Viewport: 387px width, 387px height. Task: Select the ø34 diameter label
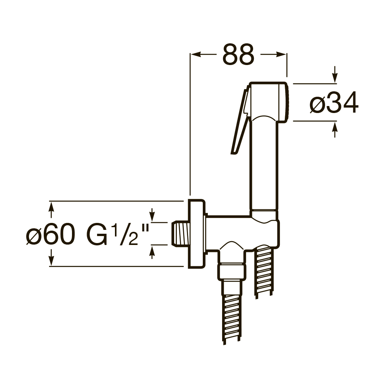click(x=334, y=104)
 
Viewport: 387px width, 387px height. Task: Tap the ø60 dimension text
click(x=49, y=235)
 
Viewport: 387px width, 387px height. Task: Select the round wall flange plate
click(x=196, y=234)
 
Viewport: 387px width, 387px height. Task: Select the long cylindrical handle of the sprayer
click(x=265, y=163)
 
